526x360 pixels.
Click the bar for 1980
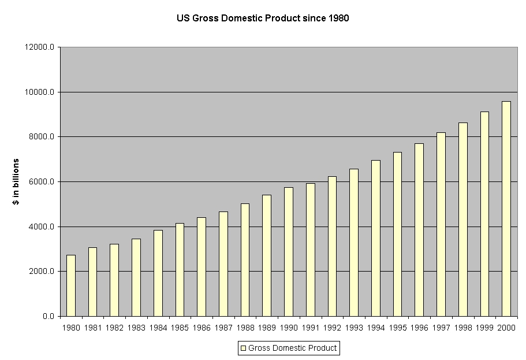pos(71,285)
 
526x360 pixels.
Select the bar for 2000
pos(506,209)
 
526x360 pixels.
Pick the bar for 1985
pos(180,269)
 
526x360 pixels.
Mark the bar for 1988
pos(245,259)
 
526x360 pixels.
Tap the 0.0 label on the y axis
pos(48,317)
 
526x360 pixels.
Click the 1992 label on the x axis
pos(332,328)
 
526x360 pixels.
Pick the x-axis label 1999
pos(484,328)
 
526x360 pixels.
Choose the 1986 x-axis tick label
pos(202,328)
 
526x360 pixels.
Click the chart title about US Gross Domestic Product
pos(263,18)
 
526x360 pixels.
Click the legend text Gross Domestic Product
pos(292,348)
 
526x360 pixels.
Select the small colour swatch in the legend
pos(243,348)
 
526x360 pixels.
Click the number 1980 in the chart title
pos(338,18)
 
